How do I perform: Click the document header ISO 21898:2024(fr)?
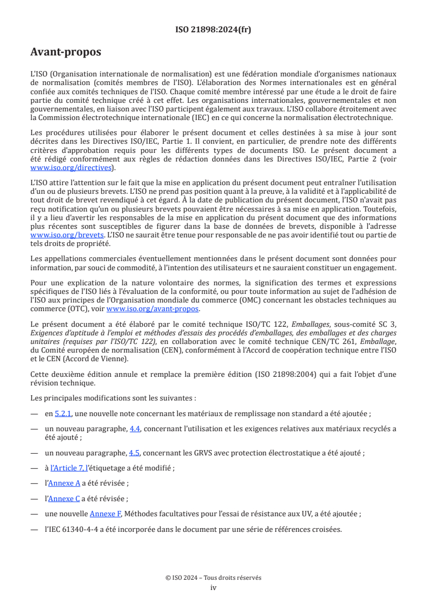point(213,30)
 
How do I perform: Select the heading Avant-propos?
point(66,53)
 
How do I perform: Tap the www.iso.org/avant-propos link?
point(153,308)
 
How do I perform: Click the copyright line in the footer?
point(213,577)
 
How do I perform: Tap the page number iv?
point(213,587)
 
